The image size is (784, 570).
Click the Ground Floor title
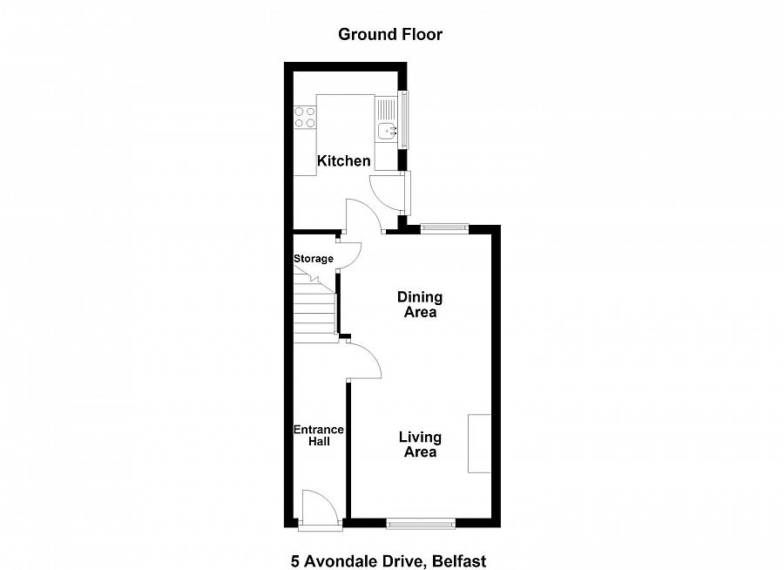390,35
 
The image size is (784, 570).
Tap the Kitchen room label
343,161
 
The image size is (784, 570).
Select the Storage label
313,259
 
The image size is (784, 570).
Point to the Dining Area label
420,305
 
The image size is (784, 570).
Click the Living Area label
420,444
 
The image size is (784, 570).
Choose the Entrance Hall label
318,436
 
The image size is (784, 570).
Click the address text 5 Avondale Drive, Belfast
389,561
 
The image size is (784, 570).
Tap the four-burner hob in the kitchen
305,117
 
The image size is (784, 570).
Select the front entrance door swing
318,507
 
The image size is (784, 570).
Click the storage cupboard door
348,254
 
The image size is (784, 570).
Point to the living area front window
421,523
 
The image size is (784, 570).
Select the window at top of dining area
444,228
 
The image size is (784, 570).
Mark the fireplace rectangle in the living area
480,444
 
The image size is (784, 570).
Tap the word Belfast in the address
463,561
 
